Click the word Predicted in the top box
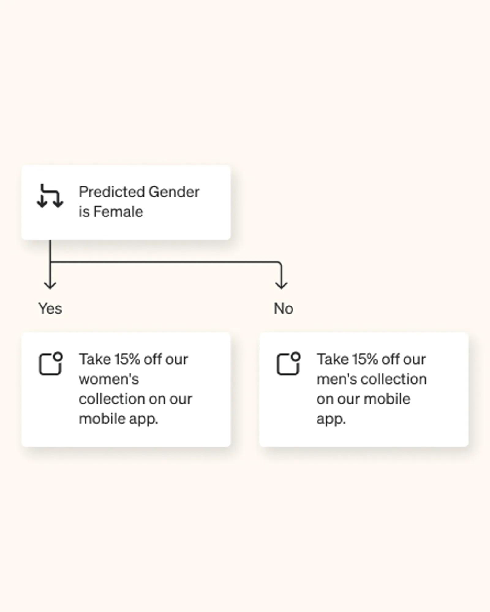pyautogui.click(x=112, y=192)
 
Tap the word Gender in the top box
pyautogui.click(x=174, y=192)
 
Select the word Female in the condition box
pyautogui.click(x=118, y=212)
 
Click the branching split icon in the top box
pyautogui.click(x=50, y=196)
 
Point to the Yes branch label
pyautogui.click(x=50, y=308)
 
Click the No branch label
pyautogui.click(x=284, y=308)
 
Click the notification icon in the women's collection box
pyautogui.click(x=51, y=363)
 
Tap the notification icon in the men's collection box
pyautogui.click(x=288, y=363)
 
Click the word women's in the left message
pyautogui.click(x=109, y=379)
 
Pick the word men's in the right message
pyautogui.click(x=337, y=379)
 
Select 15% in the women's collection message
pyautogui.click(x=127, y=359)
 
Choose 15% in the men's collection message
pyautogui.click(x=365, y=359)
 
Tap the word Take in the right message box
pyautogui.click(x=333, y=359)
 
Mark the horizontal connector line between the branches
pyautogui.click(x=165, y=262)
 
